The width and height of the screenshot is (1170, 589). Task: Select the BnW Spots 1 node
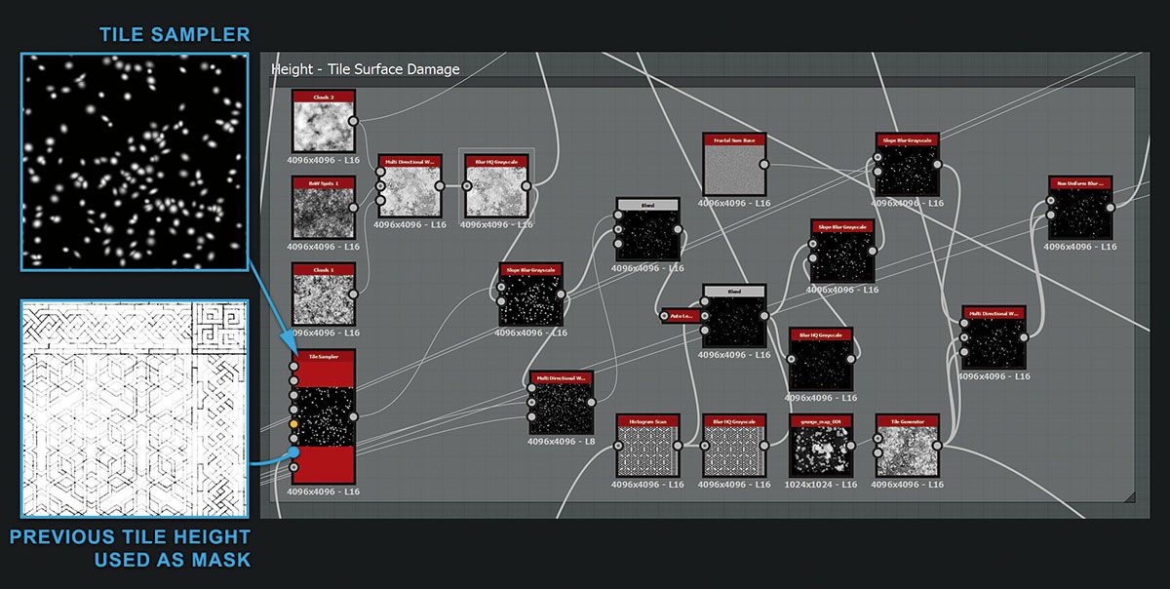coord(324,208)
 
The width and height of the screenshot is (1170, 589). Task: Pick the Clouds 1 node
coord(324,294)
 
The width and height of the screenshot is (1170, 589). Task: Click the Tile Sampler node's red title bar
coord(324,357)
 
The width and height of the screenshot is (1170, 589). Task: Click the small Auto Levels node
coord(680,315)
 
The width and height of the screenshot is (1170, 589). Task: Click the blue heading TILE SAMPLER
coord(175,35)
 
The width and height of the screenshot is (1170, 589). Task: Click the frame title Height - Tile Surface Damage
coord(367,69)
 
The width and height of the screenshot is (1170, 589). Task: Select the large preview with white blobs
coord(135,162)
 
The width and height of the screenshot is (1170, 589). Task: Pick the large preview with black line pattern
coord(135,409)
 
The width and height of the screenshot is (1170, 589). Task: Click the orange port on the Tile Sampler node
coord(293,425)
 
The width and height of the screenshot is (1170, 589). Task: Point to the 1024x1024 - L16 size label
coord(820,485)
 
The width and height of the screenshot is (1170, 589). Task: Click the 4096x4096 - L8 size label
coord(562,442)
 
